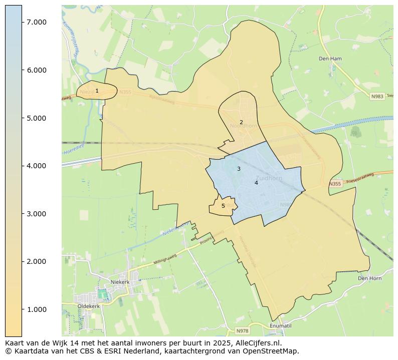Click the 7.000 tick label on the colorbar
click(x=36, y=22)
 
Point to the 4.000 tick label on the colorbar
click(x=36, y=166)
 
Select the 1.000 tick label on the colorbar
click(x=36, y=309)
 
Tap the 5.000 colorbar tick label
click(x=36, y=118)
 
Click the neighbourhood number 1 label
click(x=97, y=91)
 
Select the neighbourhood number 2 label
click(x=241, y=122)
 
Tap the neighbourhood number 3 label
click(x=239, y=169)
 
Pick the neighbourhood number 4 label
click(x=256, y=183)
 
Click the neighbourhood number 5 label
click(x=223, y=206)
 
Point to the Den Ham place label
click(x=330, y=59)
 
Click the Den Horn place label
click(x=370, y=278)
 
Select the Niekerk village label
click(x=120, y=282)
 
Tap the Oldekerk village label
click(x=89, y=306)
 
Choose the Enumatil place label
click(x=280, y=326)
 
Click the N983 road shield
click(x=377, y=96)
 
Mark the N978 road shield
click(x=243, y=331)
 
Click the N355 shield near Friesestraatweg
click(x=335, y=184)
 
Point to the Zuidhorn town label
click(x=269, y=178)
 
